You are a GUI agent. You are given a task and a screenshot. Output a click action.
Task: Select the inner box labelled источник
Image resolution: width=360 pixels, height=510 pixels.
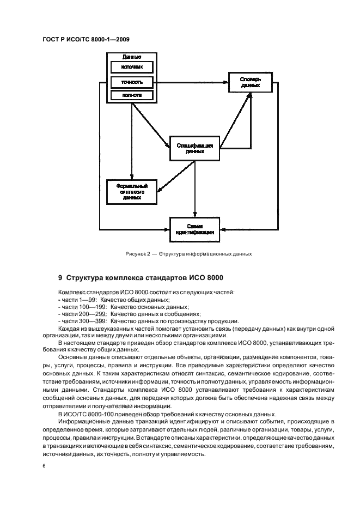131,68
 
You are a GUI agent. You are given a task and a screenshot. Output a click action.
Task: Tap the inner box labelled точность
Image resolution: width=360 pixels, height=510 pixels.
131,82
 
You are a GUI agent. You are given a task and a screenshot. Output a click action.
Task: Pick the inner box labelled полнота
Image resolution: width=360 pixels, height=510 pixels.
131,95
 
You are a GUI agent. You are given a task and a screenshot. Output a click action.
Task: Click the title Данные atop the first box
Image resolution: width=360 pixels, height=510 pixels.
131,57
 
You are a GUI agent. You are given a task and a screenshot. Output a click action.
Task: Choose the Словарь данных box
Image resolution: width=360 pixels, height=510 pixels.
250,82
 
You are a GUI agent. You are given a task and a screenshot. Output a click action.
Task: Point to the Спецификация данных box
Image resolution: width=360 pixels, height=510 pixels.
194,148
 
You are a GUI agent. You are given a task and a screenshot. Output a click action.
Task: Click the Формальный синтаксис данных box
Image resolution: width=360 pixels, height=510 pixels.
131,192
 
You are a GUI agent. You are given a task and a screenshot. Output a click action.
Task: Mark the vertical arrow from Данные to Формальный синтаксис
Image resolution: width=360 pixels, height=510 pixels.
131,142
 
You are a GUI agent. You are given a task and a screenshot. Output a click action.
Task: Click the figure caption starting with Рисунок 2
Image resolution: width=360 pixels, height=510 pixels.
188,253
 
